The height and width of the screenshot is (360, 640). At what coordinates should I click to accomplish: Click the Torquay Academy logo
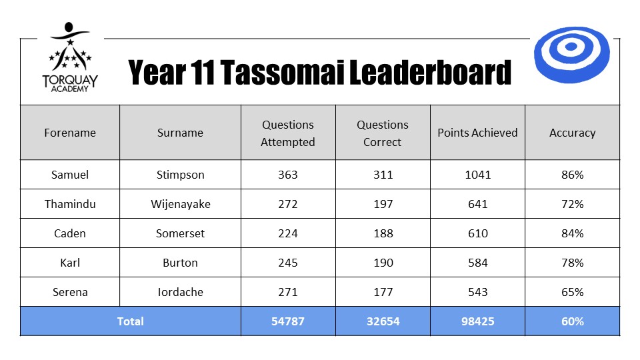click(70, 57)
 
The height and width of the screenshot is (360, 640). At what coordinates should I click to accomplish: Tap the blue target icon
click(571, 54)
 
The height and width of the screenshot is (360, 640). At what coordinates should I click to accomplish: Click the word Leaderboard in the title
click(430, 72)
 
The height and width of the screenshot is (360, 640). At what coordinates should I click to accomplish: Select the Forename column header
click(70, 133)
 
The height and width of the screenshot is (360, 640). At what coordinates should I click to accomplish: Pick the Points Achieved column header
click(477, 133)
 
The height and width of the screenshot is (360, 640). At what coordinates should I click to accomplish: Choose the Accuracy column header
click(572, 133)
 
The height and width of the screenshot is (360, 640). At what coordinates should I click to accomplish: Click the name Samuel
click(70, 175)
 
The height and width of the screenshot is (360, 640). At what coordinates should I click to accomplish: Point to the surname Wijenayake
click(181, 204)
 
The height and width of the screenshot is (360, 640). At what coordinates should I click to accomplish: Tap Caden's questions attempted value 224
click(288, 233)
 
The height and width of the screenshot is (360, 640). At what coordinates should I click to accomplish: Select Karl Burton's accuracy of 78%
click(572, 263)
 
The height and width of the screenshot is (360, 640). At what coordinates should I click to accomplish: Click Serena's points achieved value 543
click(477, 292)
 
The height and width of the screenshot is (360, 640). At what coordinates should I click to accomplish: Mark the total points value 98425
click(477, 321)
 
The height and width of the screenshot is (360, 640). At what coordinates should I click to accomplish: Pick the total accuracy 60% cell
click(572, 321)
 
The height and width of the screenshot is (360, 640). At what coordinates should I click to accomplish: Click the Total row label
click(130, 321)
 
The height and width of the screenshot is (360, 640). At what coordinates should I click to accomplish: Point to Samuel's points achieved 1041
click(477, 175)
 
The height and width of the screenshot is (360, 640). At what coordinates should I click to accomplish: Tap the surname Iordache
click(181, 292)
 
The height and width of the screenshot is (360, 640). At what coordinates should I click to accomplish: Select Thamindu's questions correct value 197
click(383, 204)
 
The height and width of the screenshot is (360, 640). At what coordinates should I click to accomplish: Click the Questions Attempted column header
click(288, 133)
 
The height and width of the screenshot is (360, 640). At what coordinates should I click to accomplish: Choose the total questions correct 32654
click(383, 321)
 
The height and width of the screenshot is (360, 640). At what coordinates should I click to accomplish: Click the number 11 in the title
click(202, 72)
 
